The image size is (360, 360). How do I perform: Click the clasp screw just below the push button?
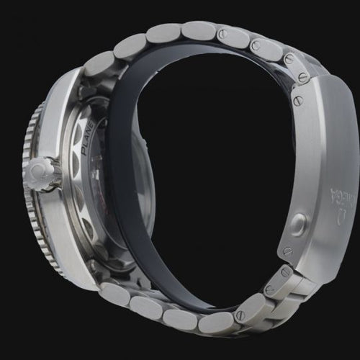click(x=288, y=251)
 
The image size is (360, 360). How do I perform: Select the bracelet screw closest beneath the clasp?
click(x=287, y=273)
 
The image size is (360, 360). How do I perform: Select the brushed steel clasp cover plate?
click(x=317, y=166)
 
